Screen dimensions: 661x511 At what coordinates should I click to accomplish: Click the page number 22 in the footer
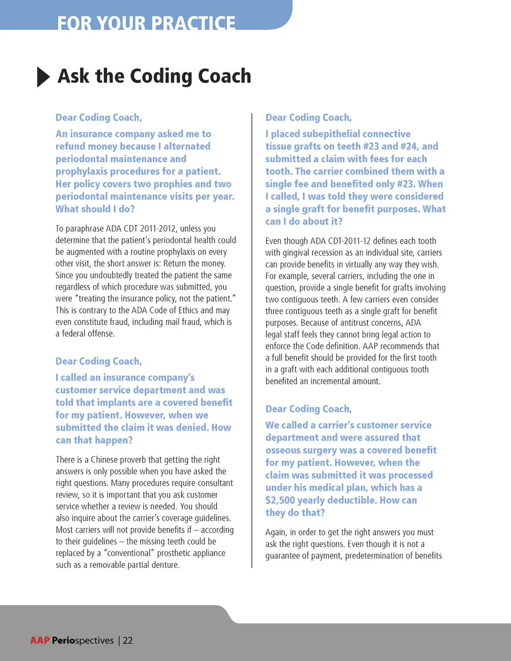128,640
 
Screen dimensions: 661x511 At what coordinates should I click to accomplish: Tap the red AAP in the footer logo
40,640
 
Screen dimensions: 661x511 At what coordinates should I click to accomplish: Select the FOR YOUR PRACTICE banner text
146,23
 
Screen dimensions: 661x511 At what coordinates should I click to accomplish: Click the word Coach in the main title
224,76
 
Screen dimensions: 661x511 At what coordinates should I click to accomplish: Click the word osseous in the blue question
283,450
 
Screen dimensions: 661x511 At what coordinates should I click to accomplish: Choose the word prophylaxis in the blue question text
80,171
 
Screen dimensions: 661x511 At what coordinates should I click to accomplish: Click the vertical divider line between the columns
252,341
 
